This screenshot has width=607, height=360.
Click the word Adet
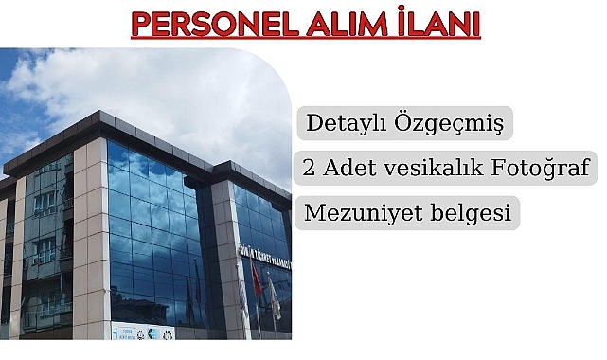350,169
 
